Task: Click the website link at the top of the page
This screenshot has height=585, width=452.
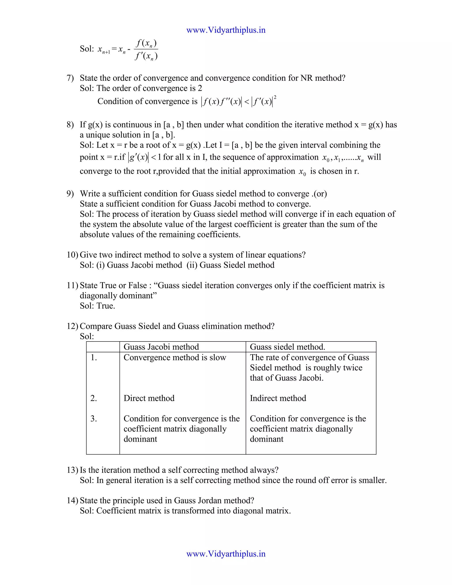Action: click(226, 30)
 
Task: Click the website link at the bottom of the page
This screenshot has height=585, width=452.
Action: click(226, 554)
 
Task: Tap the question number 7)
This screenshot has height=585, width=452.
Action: click(70, 78)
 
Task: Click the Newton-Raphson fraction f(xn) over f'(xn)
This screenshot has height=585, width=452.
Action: click(146, 49)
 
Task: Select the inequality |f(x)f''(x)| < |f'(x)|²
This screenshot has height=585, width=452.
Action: click(238, 102)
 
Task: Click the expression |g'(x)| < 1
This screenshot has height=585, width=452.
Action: click(145, 157)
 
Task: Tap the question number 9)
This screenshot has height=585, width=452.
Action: click(70, 194)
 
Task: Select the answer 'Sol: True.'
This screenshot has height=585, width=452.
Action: click(98, 306)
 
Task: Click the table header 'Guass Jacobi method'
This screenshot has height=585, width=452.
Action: click(161, 347)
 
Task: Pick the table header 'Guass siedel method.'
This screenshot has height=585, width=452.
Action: click(287, 347)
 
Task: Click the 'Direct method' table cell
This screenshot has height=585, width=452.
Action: click(149, 398)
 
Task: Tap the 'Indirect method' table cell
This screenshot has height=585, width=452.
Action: click(278, 398)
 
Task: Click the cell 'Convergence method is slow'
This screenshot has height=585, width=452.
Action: click(175, 357)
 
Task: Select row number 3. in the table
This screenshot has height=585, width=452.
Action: click(93, 419)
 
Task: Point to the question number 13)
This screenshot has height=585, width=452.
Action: click(72, 470)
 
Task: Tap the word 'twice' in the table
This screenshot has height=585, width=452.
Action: click(353, 368)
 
